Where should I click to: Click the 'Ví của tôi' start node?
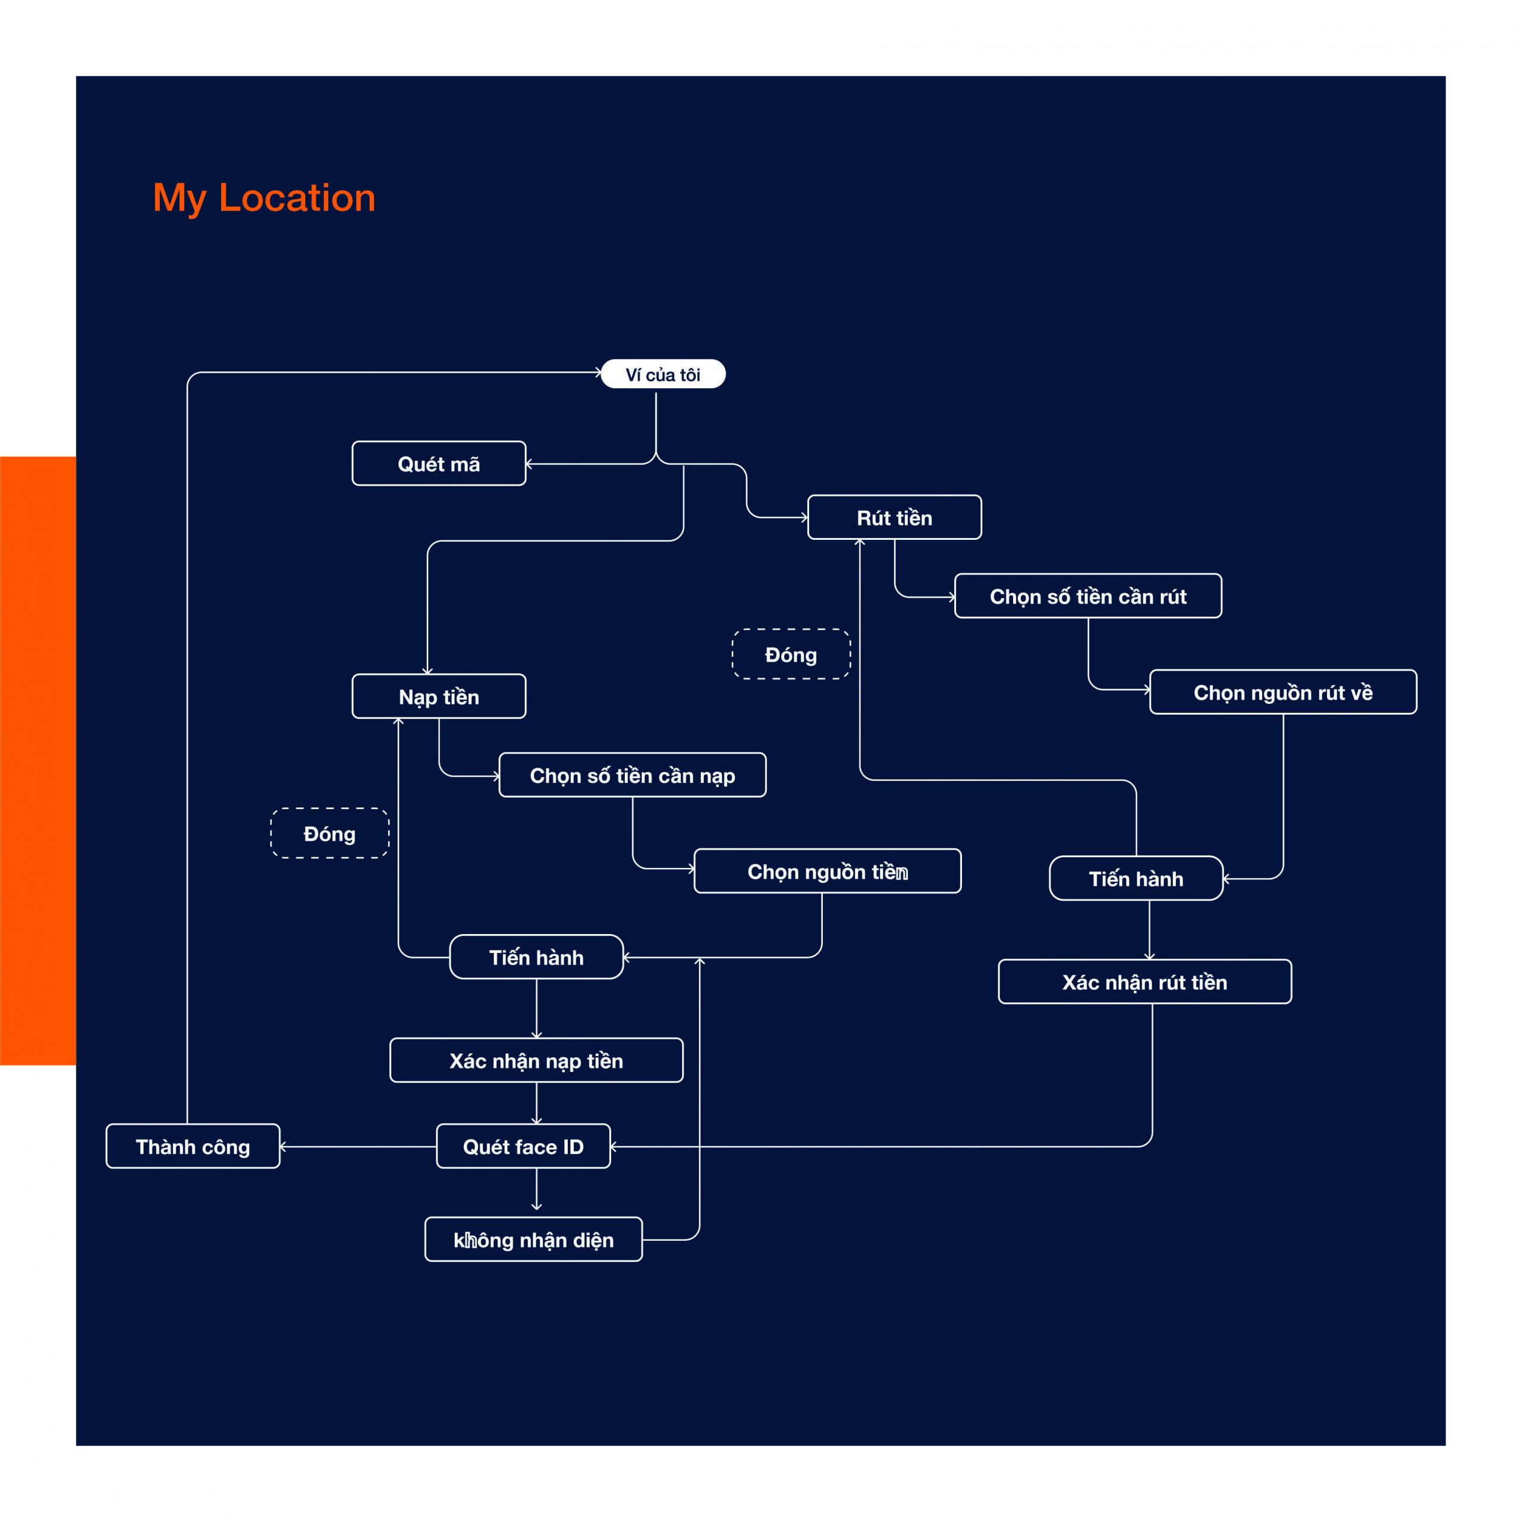pyautogui.click(x=662, y=374)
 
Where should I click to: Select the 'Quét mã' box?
pyautogui.click(x=439, y=463)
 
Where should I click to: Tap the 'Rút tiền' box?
pyautogui.click(x=894, y=518)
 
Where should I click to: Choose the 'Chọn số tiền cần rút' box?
pyautogui.click(x=1088, y=596)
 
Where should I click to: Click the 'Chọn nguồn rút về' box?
pyautogui.click(x=1284, y=693)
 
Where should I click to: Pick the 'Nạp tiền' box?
pyautogui.click(x=439, y=696)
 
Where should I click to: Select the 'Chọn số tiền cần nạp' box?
pyautogui.click(x=633, y=775)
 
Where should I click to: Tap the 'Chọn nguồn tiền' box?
pyautogui.click(x=827, y=872)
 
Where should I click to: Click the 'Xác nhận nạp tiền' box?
pyautogui.click(x=536, y=1061)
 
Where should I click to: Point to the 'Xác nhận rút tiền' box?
pyautogui.click(x=1144, y=982)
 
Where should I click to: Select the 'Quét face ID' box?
pyautogui.click(x=523, y=1146)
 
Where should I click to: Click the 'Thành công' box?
pyautogui.click(x=193, y=1146)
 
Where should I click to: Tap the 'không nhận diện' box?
pyautogui.click(x=533, y=1239)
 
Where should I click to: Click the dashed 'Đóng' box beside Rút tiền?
pyautogui.click(x=791, y=654)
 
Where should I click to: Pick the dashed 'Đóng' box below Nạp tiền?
pyautogui.click(x=329, y=833)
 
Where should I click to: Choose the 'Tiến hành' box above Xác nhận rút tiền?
pyautogui.click(x=1136, y=878)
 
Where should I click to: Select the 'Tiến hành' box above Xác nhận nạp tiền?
pyautogui.click(x=536, y=957)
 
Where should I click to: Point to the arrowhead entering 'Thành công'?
pyautogui.click(x=283, y=1146)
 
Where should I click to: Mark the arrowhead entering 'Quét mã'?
pyautogui.click(x=529, y=464)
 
